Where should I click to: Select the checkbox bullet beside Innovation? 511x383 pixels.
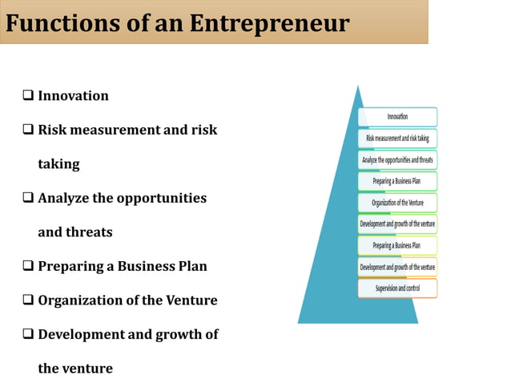point(28,96)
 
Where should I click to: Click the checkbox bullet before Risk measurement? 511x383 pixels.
point(28,130)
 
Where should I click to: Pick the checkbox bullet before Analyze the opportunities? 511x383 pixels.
point(28,198)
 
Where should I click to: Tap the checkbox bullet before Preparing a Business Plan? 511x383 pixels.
point(28,266)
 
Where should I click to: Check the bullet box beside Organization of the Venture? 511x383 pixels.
point(28,300)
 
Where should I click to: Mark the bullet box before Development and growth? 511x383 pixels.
point(28,335)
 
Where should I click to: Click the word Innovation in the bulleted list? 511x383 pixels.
point(73,96)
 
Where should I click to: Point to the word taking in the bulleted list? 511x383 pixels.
point(58,164)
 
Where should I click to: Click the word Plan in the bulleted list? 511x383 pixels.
point(192,266)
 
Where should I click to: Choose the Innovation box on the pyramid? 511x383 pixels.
point(397,117)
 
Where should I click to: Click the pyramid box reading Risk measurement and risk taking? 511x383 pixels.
point(397,139)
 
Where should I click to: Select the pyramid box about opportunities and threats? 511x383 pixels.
point(397,160)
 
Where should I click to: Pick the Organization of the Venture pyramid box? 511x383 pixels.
point(397,203)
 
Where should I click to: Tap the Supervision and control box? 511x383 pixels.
point(397,288)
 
